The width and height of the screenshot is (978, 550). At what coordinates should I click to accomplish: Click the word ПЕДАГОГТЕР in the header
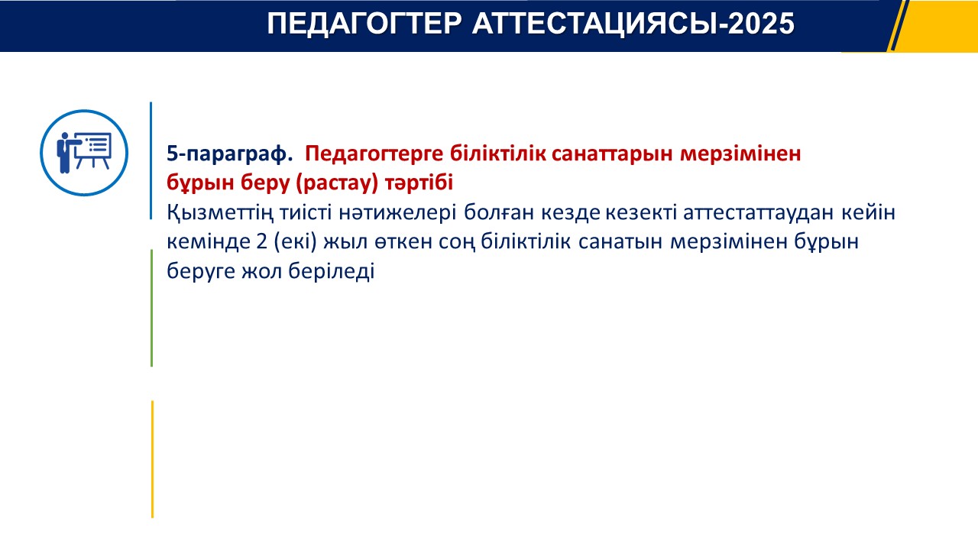pyautogui.click(x=364, y=24)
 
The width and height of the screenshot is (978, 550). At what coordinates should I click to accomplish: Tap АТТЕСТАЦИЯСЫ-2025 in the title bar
pyautogui.click(x=633, y=24)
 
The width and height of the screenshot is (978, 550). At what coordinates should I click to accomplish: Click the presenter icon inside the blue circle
pyautogui.click(x=83, y=152)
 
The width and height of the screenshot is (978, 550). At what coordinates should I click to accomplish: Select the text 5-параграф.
pyautogui.click(x=230, y=154)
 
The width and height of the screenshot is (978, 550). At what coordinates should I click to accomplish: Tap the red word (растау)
pyautogui.click(x=337, y=183)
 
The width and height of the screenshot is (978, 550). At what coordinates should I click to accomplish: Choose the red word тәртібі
pyautogui.click(x=419, y=182)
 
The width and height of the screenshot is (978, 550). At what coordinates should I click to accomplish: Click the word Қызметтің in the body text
pyautogui.click(x=220, y=213)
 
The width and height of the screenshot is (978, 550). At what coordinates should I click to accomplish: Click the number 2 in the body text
pyautogui.click(x=261, y=241)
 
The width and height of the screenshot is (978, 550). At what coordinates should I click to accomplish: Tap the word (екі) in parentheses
pyautogui.click(x=295, y=242)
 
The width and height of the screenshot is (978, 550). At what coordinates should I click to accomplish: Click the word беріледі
pyautogui.click(x=332, y=271)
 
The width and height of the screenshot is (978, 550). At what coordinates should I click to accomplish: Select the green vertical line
pyautogui.click(x=151, y=308)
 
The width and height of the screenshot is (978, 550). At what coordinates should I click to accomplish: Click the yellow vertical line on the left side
pyautogui.click(x=152, y=459)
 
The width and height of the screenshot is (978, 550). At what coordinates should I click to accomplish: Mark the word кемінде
pyautogui.click(x=208, y=241)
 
